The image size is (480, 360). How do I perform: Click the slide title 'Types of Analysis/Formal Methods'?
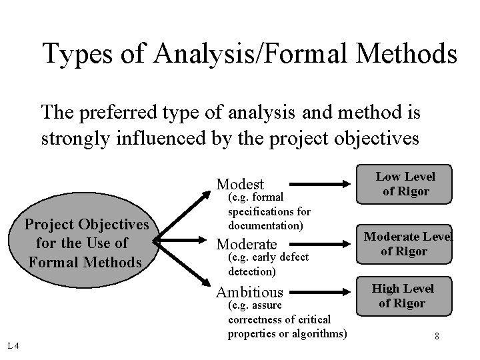249,53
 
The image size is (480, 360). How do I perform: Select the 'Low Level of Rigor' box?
405,184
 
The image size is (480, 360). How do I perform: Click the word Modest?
241,184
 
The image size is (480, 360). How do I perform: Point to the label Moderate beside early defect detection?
247,243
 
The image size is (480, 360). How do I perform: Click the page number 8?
436,335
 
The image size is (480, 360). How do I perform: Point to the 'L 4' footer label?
13,345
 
